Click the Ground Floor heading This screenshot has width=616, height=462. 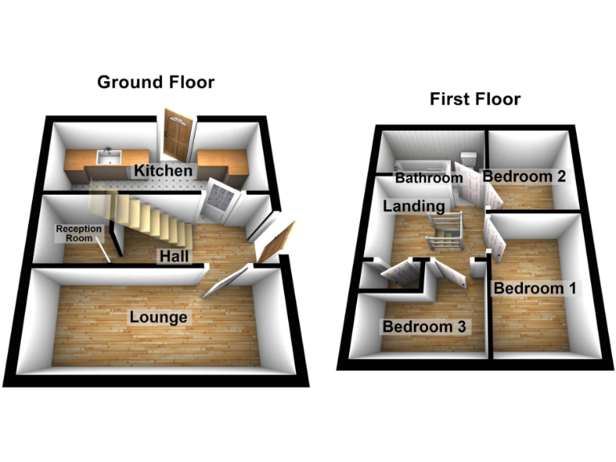156,82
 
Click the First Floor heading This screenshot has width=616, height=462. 475,99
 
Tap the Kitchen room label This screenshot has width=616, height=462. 163,171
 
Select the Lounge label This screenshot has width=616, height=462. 158,318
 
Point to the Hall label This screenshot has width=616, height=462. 174,256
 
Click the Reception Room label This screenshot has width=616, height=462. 79,233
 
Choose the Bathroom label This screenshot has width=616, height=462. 424,178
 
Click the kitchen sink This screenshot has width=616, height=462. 106,158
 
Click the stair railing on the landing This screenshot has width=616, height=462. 444,228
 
